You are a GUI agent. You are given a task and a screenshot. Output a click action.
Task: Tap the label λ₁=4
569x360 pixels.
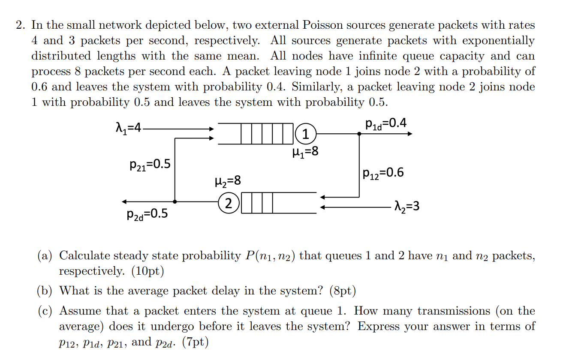point(128,128)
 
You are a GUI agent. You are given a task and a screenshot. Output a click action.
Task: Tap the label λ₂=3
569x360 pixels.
point(406,207)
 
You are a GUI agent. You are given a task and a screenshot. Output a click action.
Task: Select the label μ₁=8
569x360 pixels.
point(305,151)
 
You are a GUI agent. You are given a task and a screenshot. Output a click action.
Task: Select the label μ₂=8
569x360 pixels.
point(227,181)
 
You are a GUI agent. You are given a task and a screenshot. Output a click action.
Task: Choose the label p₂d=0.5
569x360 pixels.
point(148,213)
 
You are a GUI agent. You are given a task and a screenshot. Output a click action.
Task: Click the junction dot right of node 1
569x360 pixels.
point(359,134)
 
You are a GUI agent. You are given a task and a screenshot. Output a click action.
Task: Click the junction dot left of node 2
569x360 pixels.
point(175,201)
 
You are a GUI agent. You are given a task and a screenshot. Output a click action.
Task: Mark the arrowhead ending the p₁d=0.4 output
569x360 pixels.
point(410,134)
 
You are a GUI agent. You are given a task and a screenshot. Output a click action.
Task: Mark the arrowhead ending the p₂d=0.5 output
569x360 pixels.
point(124,201)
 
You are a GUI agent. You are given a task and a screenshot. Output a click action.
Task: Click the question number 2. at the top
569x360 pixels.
point(20,25)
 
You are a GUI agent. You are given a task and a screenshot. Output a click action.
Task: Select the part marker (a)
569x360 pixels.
point(45,256)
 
